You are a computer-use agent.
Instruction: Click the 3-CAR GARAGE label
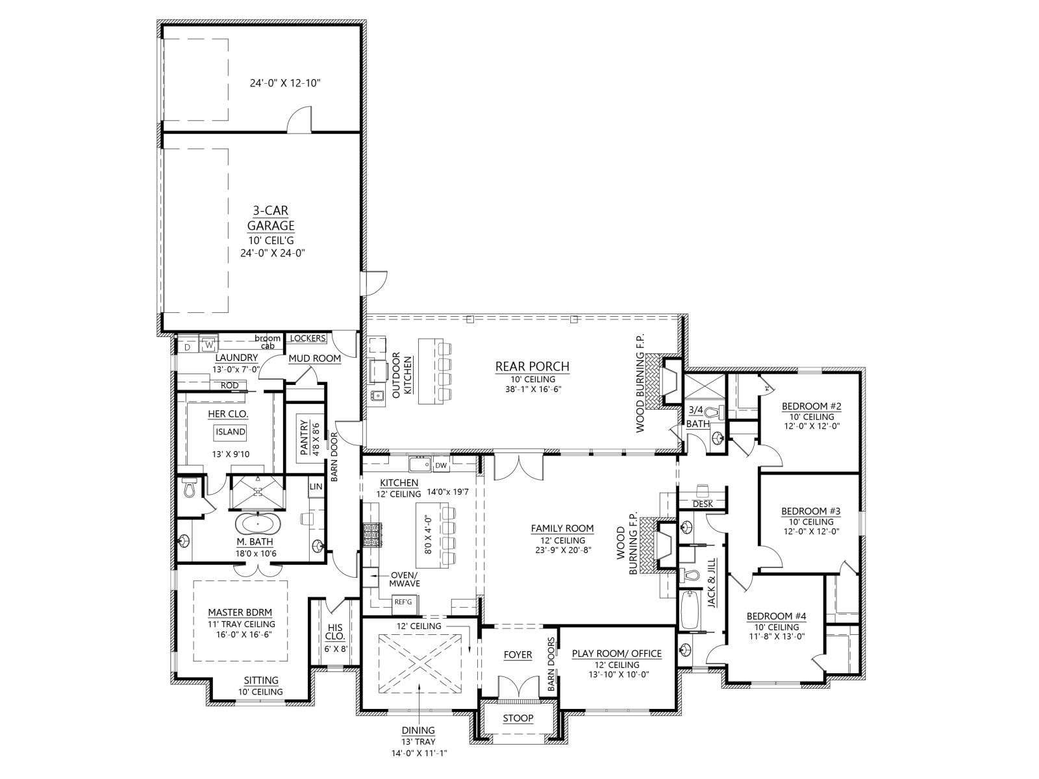(271, 218)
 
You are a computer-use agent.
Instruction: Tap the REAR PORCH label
(532, 367)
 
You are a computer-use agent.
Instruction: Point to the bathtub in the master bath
(258, 524)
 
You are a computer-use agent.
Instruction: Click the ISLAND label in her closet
(231, 432)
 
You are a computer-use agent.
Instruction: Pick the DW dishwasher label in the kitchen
(441, 465)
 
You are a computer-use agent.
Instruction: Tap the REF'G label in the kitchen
(403, 602)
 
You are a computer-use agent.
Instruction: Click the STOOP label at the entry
(518, 719)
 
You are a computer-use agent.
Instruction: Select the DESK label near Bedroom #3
(703, 504)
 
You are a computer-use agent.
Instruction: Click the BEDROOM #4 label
(776, 616)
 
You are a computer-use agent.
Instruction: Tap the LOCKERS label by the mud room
(308, 338)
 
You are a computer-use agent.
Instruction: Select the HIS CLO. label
(335, 632)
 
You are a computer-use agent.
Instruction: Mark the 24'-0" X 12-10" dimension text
(285, 84)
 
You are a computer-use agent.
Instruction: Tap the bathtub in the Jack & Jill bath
(689, 610)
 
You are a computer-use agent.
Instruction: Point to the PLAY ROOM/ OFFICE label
(617, 654)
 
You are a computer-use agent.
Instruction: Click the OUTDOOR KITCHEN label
(402, 375)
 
